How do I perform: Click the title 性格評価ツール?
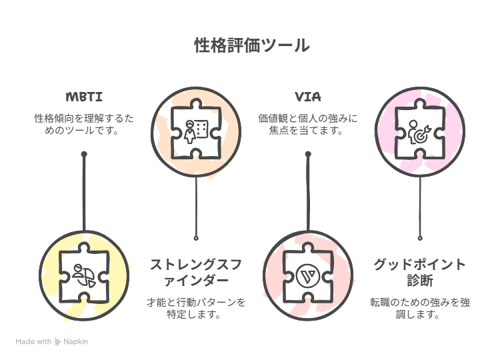point(252,45)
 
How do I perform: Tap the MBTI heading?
point(84,97)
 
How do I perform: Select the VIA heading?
point(308,97)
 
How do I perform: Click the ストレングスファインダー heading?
point(196,272)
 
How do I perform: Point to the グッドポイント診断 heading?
point(420,272)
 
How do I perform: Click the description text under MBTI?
point(84,125)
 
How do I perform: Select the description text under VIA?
point(308,125)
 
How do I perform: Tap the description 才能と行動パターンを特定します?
point(196,308)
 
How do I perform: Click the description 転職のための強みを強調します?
point(420,308)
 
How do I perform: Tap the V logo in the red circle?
point(307,276)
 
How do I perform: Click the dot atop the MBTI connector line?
point(84,154)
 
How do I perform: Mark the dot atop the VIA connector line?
point(308,154)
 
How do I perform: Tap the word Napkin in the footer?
point(75,342)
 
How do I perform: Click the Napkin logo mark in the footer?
point(57,342)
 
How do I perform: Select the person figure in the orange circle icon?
point(189,132)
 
